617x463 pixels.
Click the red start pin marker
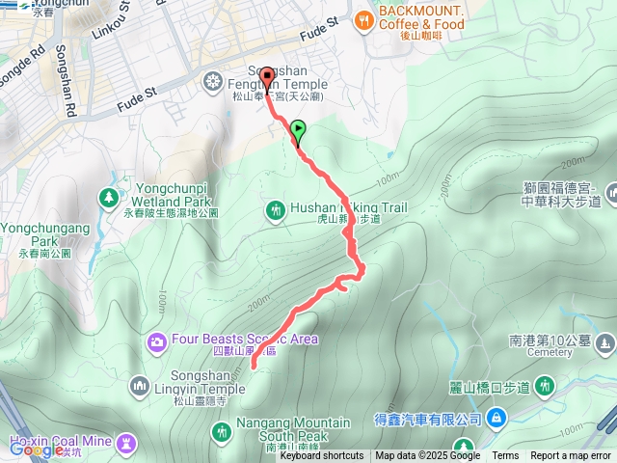266,81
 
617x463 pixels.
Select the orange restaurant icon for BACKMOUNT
363,19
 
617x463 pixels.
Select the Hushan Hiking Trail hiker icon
275,209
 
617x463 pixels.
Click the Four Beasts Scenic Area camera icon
157,340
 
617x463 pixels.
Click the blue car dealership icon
496,419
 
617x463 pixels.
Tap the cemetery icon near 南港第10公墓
604,342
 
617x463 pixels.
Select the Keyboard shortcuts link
322,456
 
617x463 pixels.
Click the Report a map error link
572,456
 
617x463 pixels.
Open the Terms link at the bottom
505,456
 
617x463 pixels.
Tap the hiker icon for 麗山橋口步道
545,387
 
